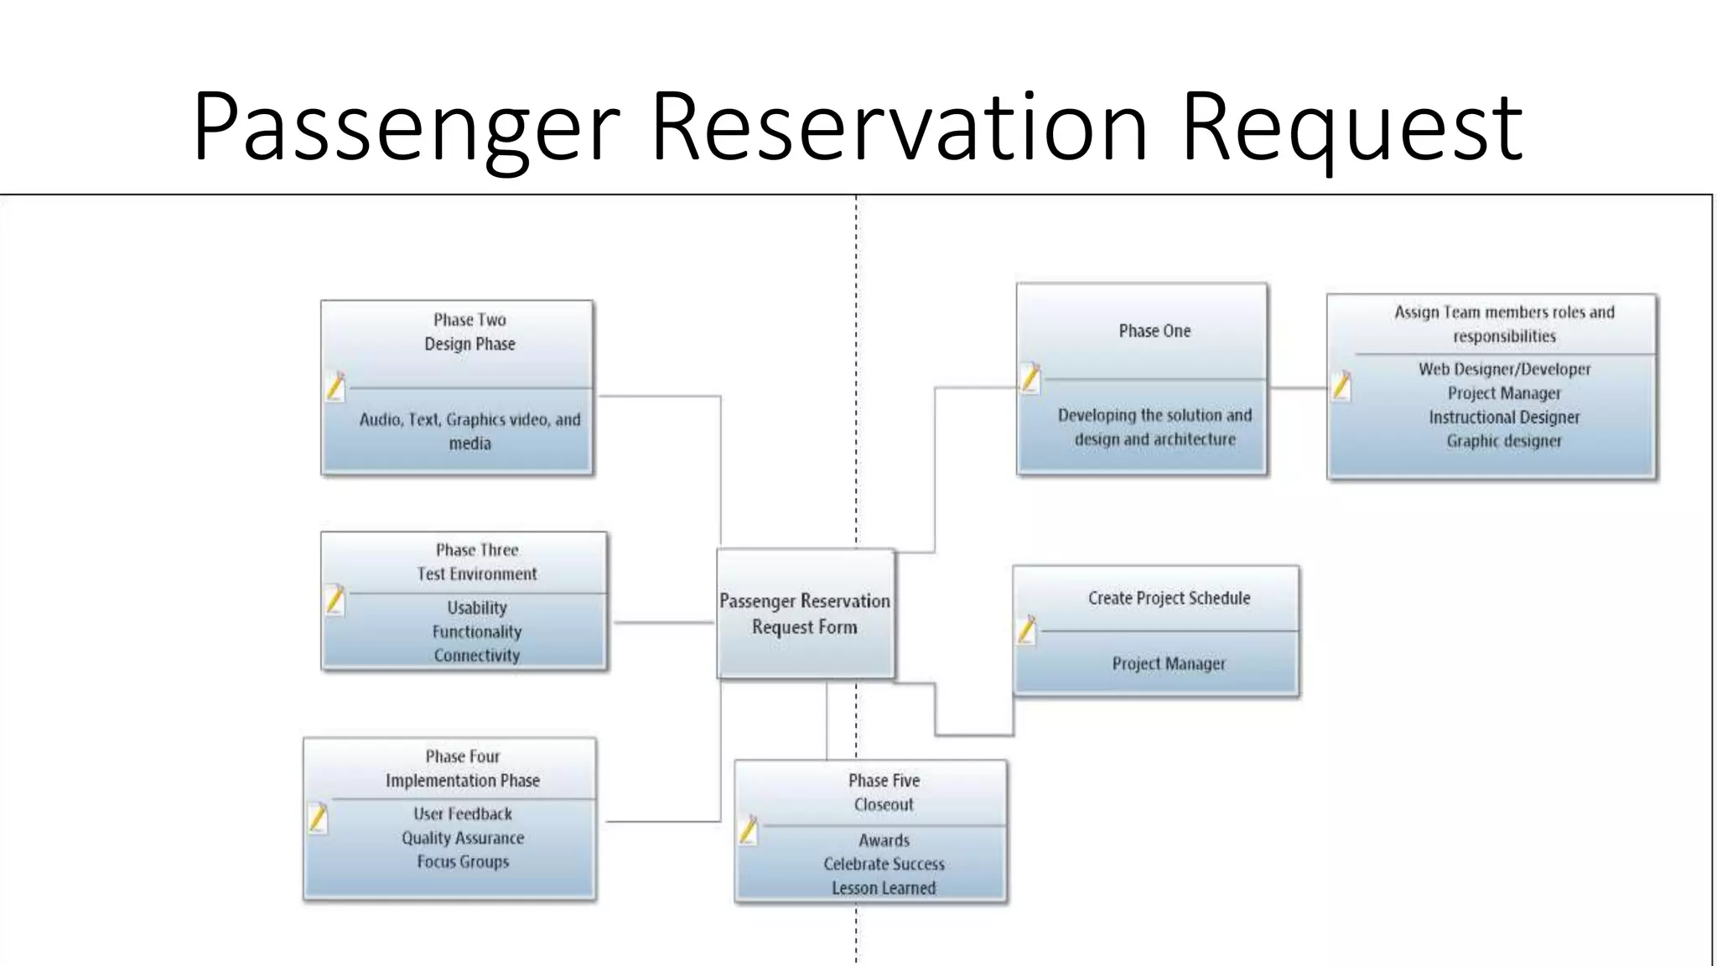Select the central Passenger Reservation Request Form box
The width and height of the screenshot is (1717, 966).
tap(805, 614)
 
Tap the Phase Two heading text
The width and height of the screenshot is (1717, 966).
tap(469, 319)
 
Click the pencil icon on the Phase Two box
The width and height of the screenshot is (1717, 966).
tap(335, 387)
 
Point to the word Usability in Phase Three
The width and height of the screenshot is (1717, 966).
tap(476, 607)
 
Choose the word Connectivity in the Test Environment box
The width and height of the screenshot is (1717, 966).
tap(476, 656)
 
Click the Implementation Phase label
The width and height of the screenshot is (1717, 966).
tap(462, 781)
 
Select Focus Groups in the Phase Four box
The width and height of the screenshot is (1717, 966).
tap(463, 862)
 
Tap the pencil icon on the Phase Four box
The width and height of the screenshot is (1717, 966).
tap(318, 818)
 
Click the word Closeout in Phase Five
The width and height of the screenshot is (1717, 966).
tap(884, 805)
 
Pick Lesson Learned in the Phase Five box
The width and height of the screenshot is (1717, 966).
tap(884, 888)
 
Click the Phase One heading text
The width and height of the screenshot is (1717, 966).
tap(1154, 331)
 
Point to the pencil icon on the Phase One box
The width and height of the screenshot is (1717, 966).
tap(1030, 378)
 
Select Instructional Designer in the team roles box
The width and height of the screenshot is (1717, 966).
tap(1504, 418)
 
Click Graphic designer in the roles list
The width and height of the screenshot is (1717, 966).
tap(1504, 441)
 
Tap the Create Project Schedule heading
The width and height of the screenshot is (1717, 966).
tap(1169, 599)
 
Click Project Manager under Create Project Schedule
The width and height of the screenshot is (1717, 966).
tap(1169, 664)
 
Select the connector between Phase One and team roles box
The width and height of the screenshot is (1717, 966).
tap(1298, 388)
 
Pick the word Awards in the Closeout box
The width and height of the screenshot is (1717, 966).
tap(884, 840)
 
